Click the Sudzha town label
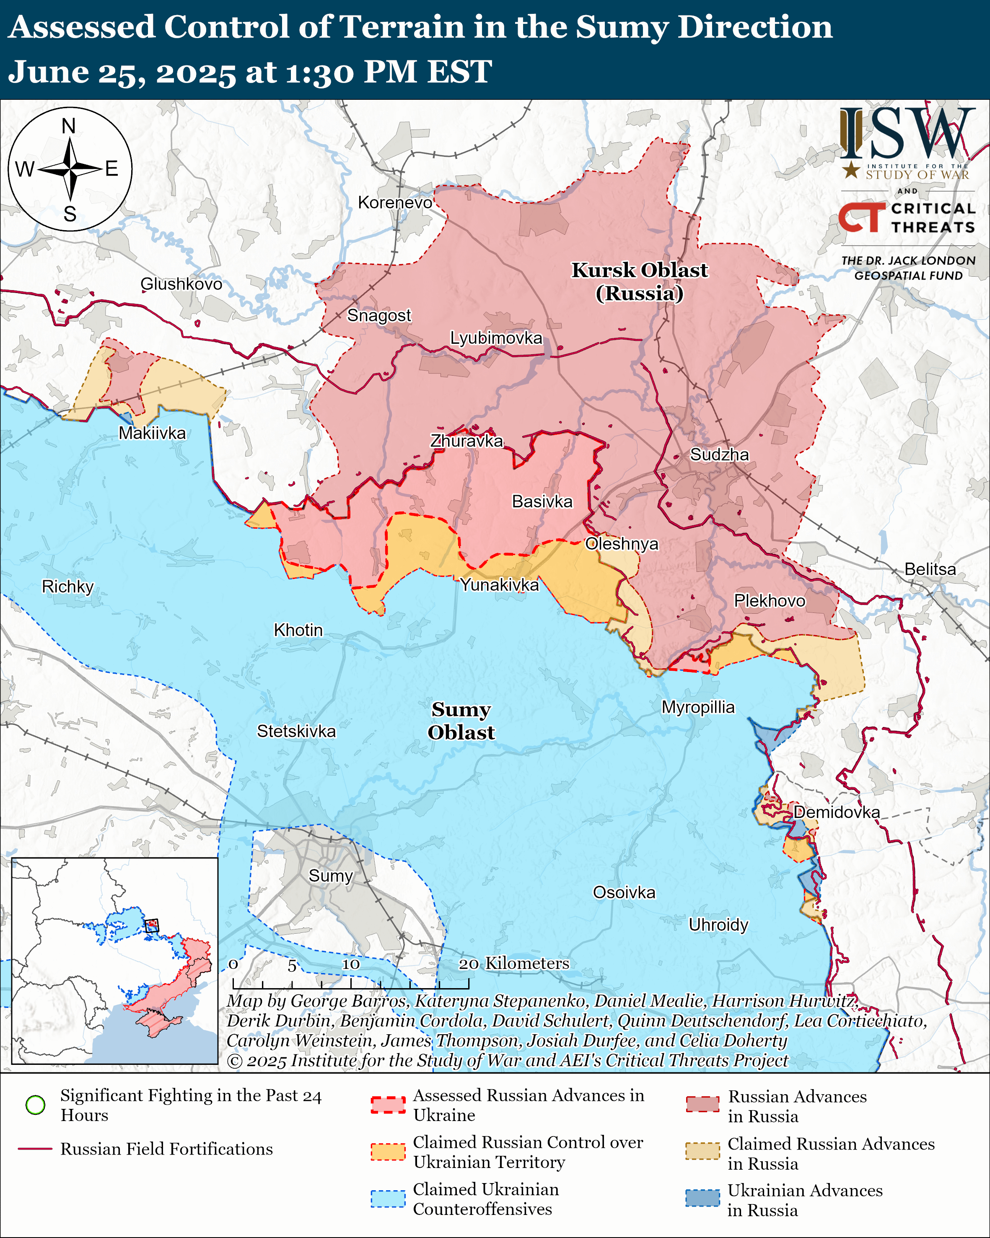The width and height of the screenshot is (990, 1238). tap(719, 455)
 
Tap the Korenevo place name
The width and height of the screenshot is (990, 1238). tap(395, 202)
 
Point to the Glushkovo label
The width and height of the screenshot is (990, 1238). tap(181, 284)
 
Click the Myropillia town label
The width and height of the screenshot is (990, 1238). tap(698, 707)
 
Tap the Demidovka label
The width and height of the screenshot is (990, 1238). tap(836, 812)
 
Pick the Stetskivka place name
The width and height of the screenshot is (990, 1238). tap(296, 731)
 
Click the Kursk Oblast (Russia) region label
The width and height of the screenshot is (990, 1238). tap(639, 281)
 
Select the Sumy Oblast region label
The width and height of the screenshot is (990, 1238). tap(461, 721)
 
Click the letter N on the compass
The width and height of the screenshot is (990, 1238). tap(69, 126)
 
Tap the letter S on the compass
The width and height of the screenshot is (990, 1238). tap(70, 214)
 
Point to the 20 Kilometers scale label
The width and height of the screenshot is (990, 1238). tap(514, 963)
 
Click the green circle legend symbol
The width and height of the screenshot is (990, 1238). tap(36, 1104)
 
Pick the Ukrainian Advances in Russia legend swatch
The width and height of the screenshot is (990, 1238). tap(702, 1198)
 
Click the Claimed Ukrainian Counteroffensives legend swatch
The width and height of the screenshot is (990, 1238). tap(388, 1199)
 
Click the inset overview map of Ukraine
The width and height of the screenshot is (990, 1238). tap(115, 960)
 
